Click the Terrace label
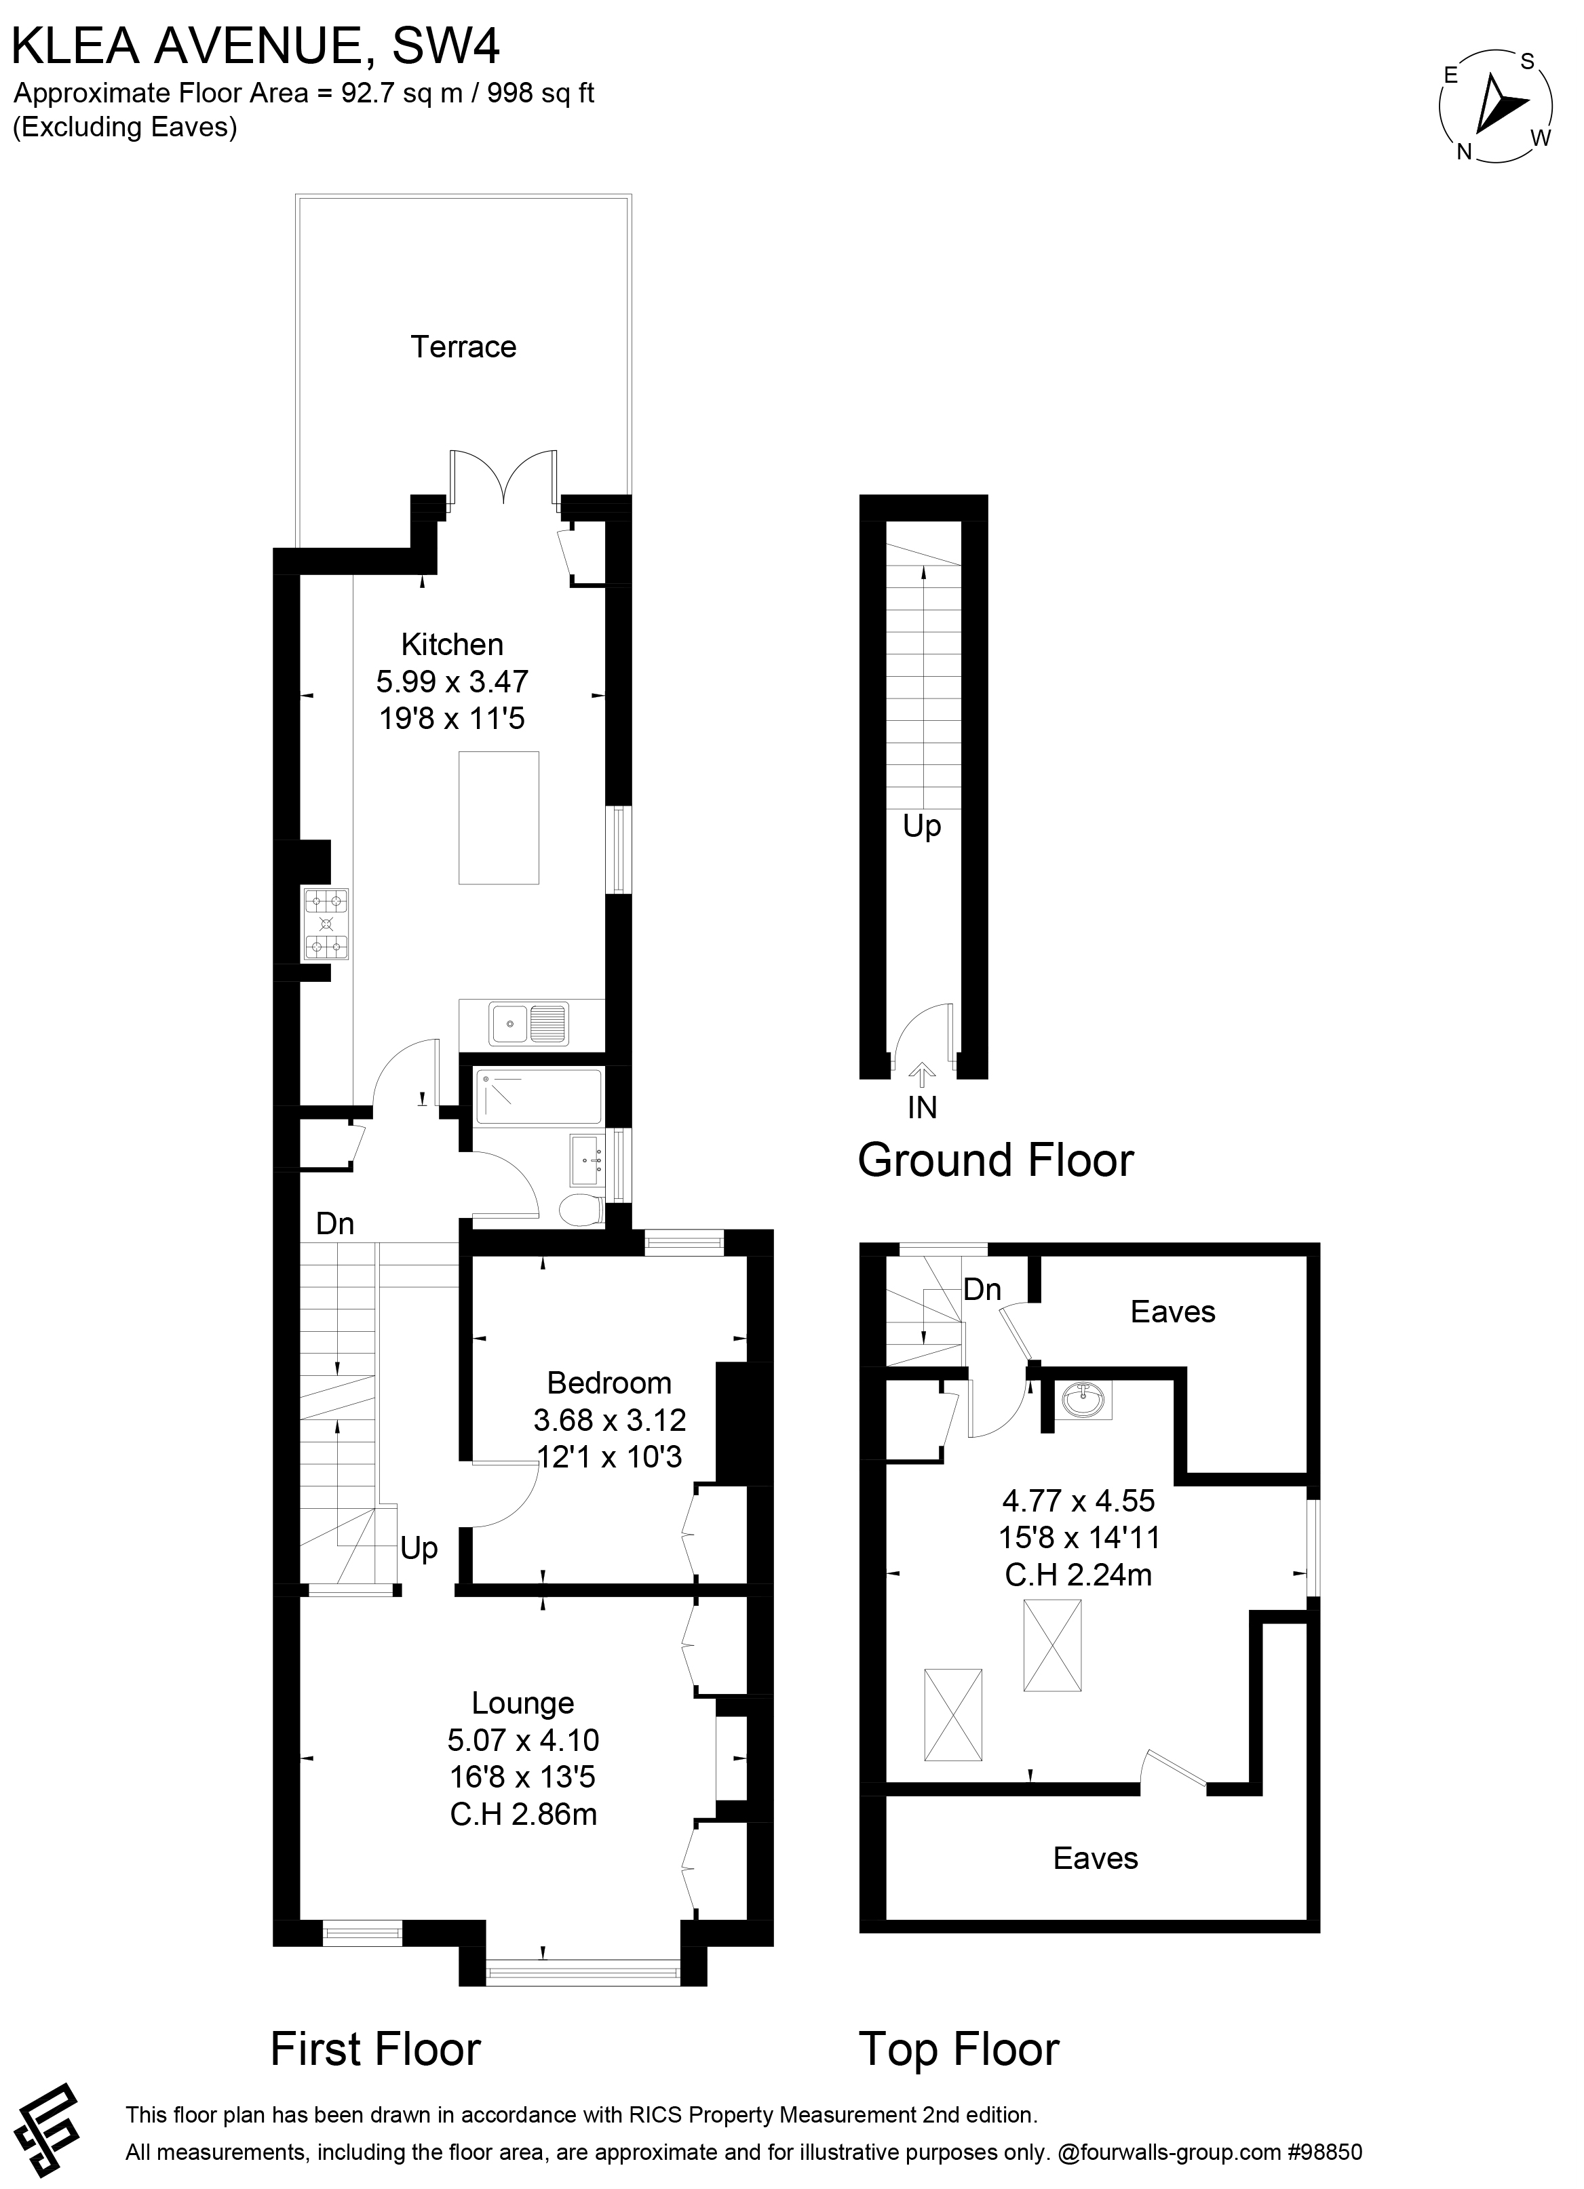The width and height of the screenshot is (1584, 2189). coord(463,347)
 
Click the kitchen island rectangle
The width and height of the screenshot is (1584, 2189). coord(498,818)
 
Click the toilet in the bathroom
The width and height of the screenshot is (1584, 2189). coord(582,1209)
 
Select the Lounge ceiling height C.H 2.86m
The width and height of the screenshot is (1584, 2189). coord(523,1815)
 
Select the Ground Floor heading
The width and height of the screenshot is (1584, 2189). coord(995,1160)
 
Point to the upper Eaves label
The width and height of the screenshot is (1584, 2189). coord(1173,1312)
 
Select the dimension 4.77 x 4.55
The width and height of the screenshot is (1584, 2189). coord(1078,1501)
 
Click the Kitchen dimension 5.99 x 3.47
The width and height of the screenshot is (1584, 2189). coord(452,682)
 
